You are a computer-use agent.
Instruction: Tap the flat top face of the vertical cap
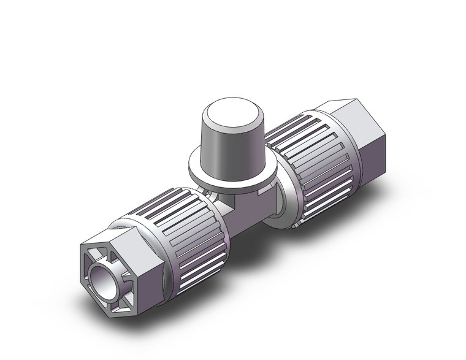coord(229,115)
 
